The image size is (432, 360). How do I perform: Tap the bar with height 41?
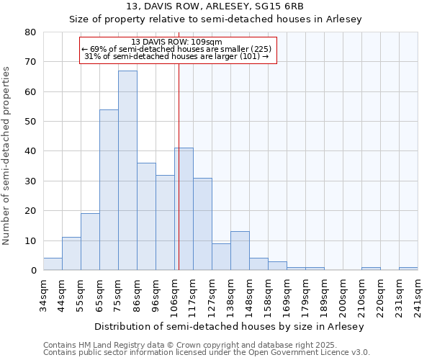coord(184,209)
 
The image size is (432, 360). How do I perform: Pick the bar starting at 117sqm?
coord(202,224)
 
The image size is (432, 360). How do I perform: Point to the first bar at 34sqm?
coord(53,264)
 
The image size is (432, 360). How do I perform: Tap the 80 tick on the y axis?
coord(30,32)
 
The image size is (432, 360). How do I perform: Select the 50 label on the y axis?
coord(30,122)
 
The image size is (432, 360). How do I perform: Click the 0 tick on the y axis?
coord(33,271)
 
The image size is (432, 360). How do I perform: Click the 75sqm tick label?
coord(118,295)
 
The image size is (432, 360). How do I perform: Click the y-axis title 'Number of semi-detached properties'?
coord(6,155)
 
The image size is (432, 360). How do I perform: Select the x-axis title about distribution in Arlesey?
coord(230,326)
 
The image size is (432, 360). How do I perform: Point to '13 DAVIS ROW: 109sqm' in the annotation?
coord(177,42)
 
